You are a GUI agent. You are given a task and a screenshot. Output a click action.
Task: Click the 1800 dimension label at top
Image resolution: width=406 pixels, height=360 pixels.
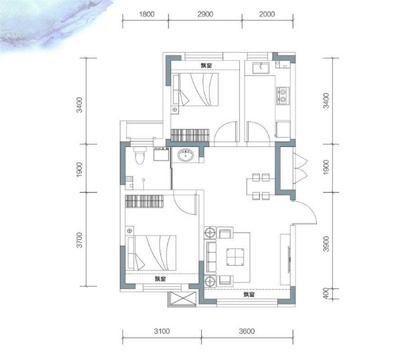147,14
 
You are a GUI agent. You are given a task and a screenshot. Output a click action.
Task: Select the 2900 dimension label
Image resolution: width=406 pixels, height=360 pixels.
205,14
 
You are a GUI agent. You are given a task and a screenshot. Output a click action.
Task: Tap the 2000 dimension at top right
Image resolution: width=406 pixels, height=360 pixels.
267,14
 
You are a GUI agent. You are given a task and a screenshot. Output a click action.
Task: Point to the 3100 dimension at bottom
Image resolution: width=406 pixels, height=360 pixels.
162,331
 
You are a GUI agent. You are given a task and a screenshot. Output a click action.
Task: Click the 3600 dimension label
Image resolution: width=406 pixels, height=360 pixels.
247,331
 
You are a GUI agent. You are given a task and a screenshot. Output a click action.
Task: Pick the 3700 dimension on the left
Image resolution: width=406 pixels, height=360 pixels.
79,240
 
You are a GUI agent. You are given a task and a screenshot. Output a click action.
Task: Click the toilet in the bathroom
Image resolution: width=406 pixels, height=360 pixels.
140,155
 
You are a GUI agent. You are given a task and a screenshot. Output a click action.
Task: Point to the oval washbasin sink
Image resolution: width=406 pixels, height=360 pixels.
185,155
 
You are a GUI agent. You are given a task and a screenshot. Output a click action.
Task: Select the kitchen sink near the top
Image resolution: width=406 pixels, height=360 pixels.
261,68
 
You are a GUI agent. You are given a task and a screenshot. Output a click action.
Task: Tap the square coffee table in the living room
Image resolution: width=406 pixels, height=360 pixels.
235,257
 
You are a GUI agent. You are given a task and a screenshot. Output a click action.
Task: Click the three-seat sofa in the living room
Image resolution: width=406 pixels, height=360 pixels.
211,257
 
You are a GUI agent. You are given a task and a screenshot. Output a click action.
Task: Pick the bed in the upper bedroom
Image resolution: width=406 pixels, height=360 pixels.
196,90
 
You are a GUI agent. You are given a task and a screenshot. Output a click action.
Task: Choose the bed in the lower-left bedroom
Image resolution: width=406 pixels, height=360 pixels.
152,253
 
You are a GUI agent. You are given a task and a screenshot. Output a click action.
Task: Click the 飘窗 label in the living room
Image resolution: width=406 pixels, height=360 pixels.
249,294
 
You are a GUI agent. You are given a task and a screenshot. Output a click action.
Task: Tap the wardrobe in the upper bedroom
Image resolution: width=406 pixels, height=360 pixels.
190,135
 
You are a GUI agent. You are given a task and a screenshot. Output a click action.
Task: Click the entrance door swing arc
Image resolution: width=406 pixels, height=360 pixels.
309,209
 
